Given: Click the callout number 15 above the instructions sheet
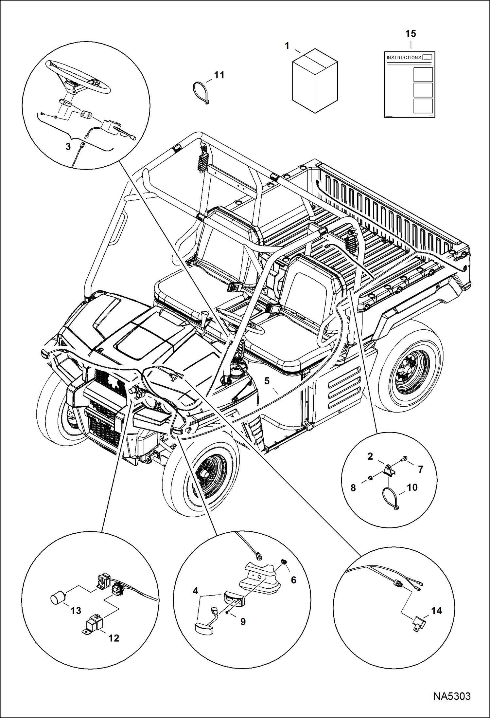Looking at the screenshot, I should [411, 33].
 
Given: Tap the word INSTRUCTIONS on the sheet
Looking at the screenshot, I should [404, 58].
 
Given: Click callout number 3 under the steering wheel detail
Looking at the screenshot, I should [68, 146].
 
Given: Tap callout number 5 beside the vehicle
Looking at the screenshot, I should [267, 381].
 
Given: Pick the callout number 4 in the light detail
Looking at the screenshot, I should [195, 591].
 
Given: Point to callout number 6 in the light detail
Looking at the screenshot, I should [293, 580].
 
